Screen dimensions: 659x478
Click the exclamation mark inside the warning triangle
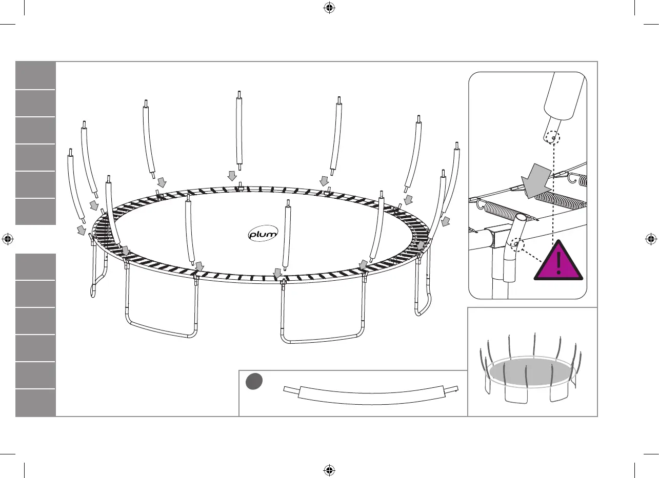pos(558,262)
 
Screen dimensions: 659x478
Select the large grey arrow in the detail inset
pos(535,182)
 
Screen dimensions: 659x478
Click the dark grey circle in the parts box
pos(254,381)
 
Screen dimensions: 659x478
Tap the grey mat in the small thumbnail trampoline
pos(528,371)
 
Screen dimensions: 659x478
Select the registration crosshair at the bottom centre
pos(329,470)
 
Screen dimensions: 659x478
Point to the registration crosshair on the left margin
pos(7,238)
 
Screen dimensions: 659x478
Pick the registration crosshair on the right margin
pos(651,238)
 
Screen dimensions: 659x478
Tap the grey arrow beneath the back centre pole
pos(232,176)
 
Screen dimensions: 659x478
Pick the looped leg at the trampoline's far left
pos(97,272)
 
